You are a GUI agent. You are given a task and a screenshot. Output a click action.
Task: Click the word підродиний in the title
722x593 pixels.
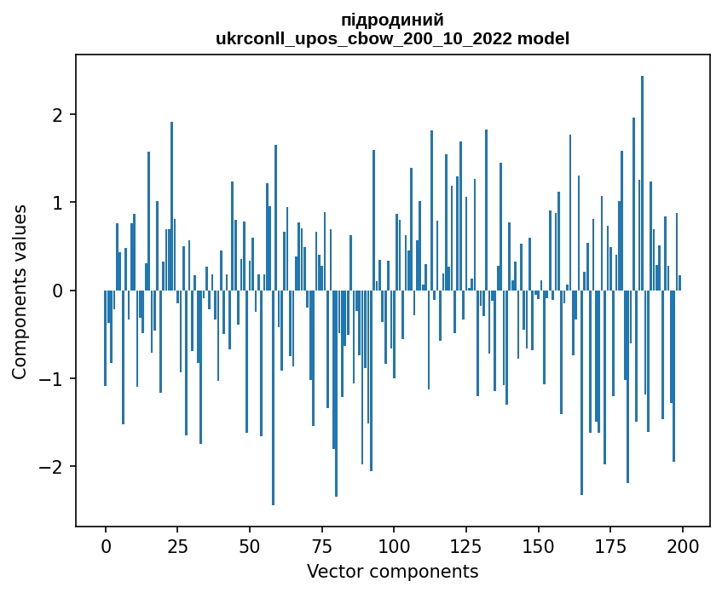(x=392, y=20)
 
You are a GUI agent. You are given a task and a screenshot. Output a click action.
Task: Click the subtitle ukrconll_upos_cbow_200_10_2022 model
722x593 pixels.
(x=392, y=38)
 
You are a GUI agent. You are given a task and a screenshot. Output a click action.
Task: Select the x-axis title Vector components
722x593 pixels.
(x=392, y=571)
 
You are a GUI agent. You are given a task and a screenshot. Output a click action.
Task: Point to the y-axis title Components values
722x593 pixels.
(x=20, y=291)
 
